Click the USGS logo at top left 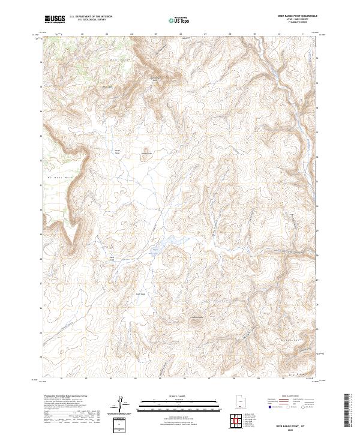[x=55, y=19]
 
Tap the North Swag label [x=118, y=152]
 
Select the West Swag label [x=112, y=259]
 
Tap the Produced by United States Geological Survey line [x=66, y=396]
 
